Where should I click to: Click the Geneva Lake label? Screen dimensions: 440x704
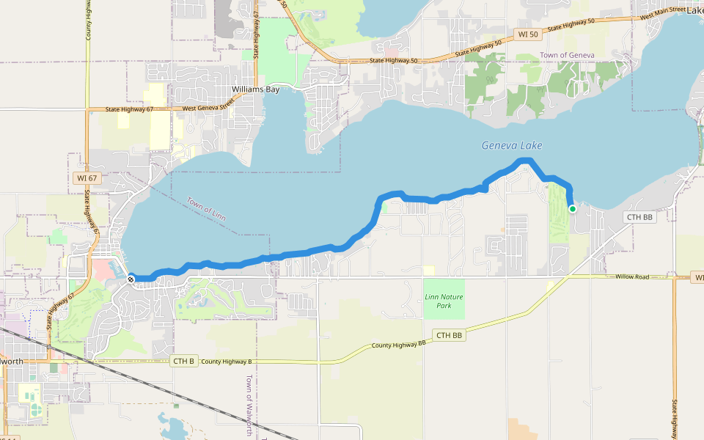click(512, 145)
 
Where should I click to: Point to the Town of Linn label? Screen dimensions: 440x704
click(207, 210)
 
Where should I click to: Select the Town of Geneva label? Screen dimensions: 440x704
click(567, 56)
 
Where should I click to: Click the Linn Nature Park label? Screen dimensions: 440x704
click(444, 301)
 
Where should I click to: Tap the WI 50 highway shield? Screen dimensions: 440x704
click(527, 34)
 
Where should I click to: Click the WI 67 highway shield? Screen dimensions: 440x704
click(87, 177)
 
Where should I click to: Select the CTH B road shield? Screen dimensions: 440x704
click(184, 361)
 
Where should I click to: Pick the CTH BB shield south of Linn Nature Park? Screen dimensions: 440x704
click(450, 335)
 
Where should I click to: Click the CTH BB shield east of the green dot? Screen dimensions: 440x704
click(639, 217)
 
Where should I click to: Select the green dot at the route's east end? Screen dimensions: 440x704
click(573, 209)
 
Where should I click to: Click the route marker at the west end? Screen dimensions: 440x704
click(131, 279)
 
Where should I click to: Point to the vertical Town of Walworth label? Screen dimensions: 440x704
click(249, 406)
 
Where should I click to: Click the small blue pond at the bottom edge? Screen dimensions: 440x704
click(173, 427)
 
